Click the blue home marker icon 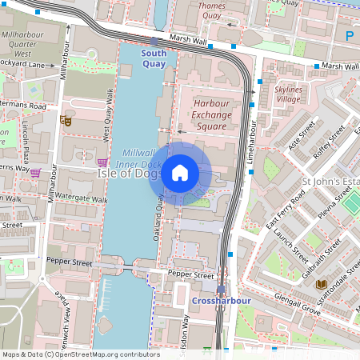tap(180, 173)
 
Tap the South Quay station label tap(154, 58)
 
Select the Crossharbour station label tap(222, 300)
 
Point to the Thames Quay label tap(210, 10)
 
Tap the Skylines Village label tap(288, 94)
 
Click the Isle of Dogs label tap(129, 173)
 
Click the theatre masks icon tap(66, 121)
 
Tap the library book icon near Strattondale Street tap(321, 284)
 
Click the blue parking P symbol tap(349, 35)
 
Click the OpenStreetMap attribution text tap(80, 354)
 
